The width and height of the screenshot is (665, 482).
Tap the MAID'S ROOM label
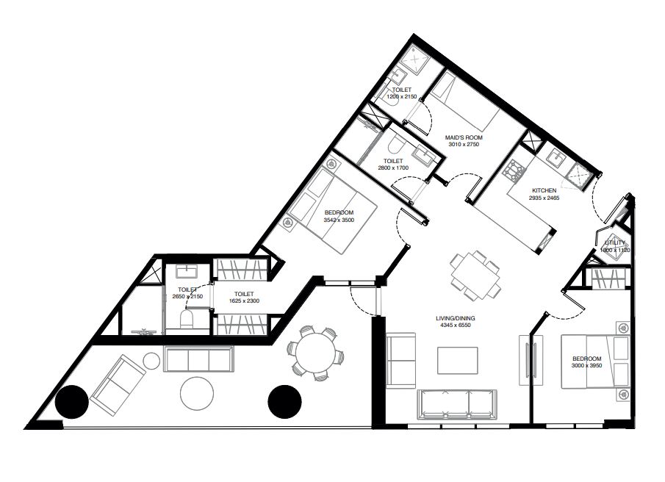464,138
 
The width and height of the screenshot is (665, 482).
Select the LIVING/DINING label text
456,318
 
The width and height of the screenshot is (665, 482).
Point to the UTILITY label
615,243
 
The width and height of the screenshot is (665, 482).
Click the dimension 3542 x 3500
339,220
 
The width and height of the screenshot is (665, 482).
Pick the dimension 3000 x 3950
587,365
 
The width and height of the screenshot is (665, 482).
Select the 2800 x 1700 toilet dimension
393,168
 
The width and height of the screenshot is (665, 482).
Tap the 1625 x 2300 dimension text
244,301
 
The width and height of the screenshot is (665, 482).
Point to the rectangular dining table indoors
475,274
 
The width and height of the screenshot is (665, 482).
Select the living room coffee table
458,361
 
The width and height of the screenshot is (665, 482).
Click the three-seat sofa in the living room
457,404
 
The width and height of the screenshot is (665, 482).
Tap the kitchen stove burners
514,170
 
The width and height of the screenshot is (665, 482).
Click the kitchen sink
554,159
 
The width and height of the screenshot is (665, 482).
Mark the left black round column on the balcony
72,402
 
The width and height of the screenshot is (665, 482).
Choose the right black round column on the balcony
285,402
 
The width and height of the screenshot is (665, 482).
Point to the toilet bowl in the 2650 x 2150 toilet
187,319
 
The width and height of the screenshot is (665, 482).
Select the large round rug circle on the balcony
197,393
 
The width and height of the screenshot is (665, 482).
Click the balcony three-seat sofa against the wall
198,359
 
